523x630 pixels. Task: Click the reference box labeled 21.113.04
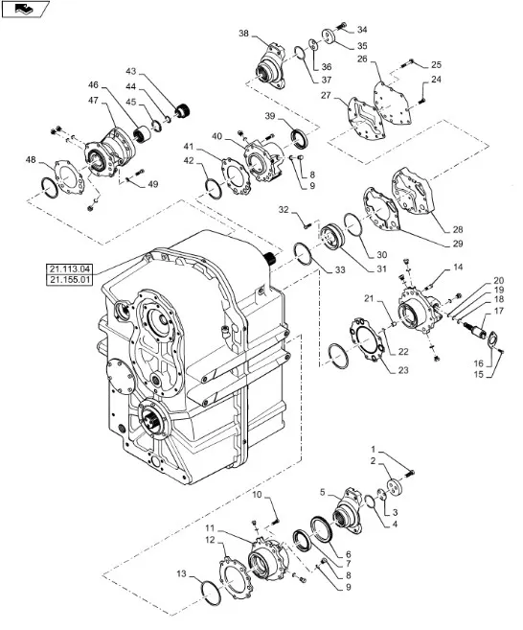(x=69, y=268)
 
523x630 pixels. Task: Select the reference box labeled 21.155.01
(x=69, y=280)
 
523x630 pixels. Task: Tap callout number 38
(x=243, y=34)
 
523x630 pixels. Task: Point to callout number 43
(x=131, y=72)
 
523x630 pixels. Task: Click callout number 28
(x=458, y=230)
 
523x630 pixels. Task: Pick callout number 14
(x=458, y=268)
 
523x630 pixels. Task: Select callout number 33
(x=340, y=270)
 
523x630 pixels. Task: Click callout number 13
(x=181, y=573)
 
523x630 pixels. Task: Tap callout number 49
(x=153, y=184)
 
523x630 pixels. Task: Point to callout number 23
(x=403, y=370)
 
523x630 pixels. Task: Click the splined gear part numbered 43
(x=182, y=110)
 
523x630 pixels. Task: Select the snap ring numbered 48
(x=50, y=188)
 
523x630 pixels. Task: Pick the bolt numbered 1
(x=410, y=474)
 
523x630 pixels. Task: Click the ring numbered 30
(x=352, y=225)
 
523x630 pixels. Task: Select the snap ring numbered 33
(x=303, y=254)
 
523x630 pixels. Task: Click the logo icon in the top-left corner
(x=25, y=9)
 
